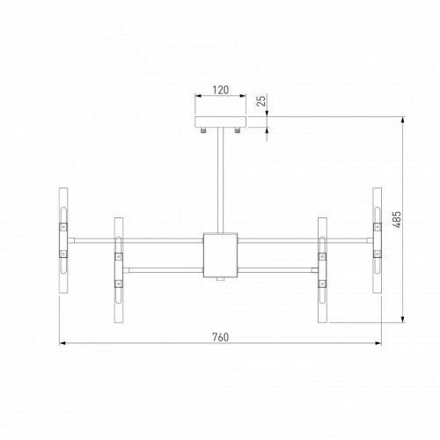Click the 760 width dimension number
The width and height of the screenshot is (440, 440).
(x=221, y=336)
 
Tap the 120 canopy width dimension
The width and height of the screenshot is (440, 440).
(x=221, y=91)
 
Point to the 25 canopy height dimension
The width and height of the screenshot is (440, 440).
(x=260, y=102)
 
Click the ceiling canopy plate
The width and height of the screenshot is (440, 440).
(x=221, y=121)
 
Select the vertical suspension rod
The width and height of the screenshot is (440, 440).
(x=221, y=180)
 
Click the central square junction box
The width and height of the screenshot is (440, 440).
(x=221, y=253)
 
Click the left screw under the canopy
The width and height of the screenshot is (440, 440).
(x=204, y=131)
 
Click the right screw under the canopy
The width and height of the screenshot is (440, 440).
(x=238, y=131)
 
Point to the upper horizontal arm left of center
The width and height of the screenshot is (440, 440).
(x=136, y=238)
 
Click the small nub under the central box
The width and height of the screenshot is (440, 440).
(x=221, y=280)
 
